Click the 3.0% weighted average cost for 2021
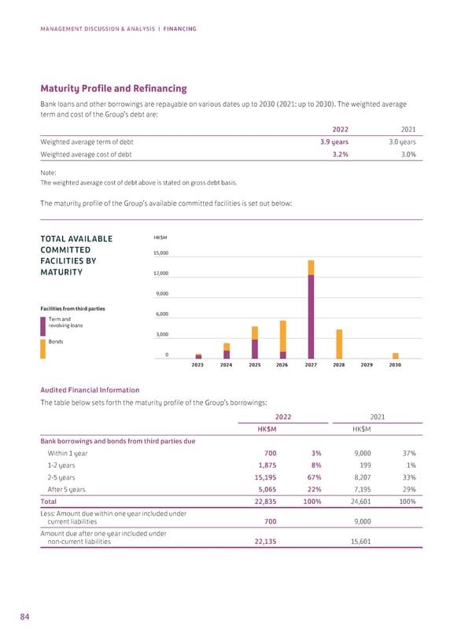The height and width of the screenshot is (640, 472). point(404,155)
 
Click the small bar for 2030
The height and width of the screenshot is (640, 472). point(396,355)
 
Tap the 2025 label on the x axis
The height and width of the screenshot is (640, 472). point(255,366)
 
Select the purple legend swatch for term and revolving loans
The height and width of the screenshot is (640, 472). point(42,323)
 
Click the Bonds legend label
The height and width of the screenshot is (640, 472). point(56,342)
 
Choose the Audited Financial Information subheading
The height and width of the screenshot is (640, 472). point(89,390)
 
